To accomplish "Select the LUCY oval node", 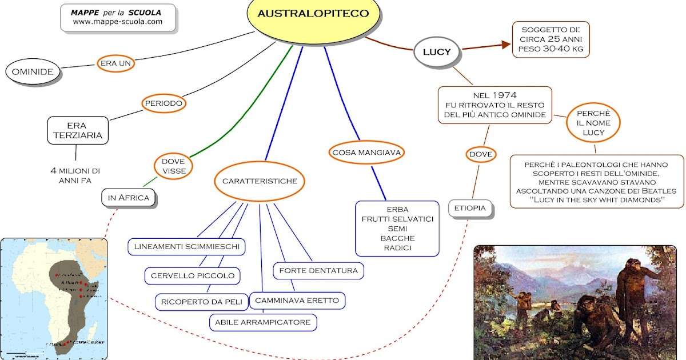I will click(437, 52).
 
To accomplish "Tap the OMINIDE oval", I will click(33, 72).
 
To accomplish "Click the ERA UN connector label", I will click(116, 63).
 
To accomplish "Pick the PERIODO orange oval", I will click(163, 103).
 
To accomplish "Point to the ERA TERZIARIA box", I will click(77, 130).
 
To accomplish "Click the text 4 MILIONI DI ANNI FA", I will click(75, 175).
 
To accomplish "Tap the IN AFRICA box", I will click(128, 198).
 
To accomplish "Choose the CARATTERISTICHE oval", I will click(260, 181).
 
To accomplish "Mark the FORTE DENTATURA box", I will click(318, 270).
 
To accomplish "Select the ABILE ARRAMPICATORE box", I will click(263, 322).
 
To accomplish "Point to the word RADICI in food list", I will click(397, 247).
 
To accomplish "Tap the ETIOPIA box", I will click(470, 209).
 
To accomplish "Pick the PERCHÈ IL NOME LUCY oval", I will click(593, 123).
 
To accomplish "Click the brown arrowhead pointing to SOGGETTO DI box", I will click(505, 45).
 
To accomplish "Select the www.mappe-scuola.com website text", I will click(118, 22).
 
